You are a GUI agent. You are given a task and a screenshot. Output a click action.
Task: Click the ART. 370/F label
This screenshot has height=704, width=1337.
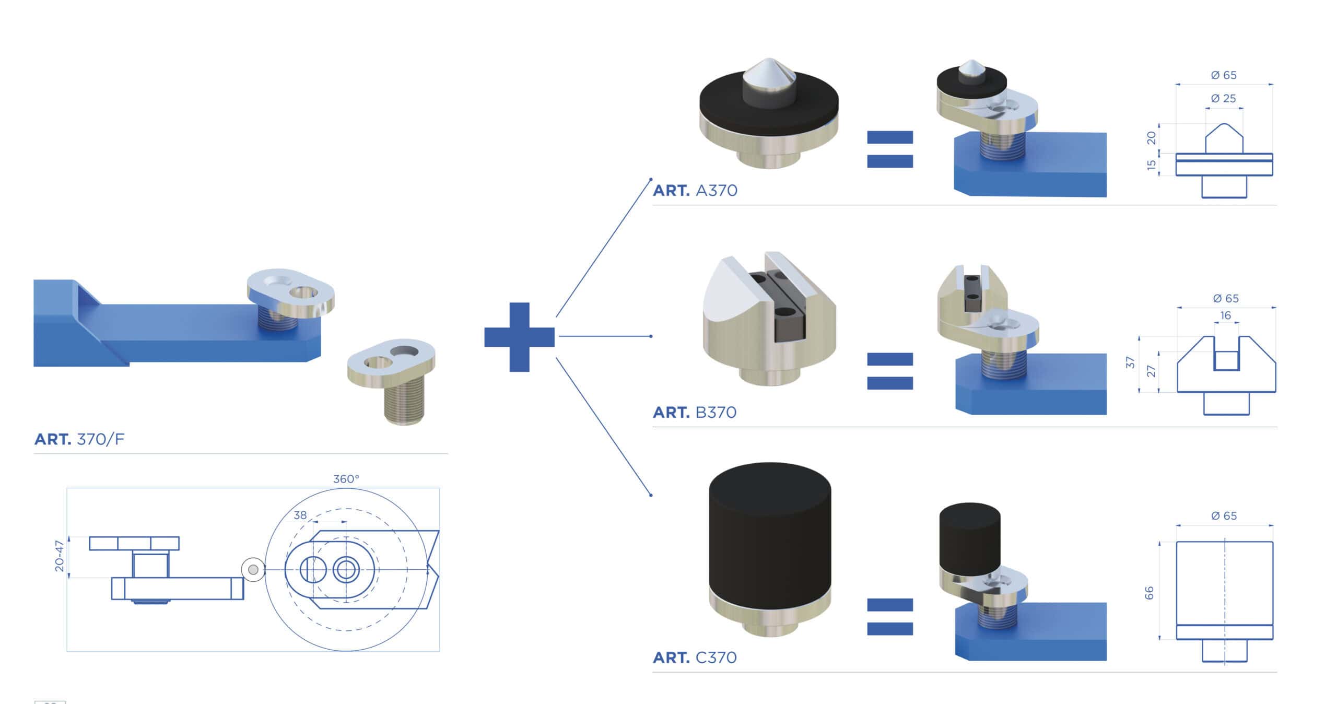(x=79, y=439)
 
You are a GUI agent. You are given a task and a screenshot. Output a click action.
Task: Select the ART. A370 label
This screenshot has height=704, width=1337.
(x=695, y=191)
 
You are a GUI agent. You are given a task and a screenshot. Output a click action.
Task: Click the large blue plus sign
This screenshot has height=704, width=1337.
(x=519, y=337)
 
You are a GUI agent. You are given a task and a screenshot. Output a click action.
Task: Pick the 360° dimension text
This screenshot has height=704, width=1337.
(x=346, y=479)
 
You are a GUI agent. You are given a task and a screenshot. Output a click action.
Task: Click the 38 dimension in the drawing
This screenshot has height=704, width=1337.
(x=300, y=515)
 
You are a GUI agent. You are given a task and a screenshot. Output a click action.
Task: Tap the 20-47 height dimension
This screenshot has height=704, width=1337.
(x=60, y=556)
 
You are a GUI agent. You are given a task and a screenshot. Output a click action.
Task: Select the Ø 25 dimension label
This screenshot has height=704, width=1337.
(x=1223, y=98)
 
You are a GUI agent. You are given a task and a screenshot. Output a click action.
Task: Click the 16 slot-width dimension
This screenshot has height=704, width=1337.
(x=1225, y=315)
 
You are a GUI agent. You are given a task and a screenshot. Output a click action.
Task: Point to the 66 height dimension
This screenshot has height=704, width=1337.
(x=1149, y=593)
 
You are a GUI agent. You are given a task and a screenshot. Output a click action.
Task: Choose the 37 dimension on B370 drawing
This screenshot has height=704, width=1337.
(x=1131, y=362)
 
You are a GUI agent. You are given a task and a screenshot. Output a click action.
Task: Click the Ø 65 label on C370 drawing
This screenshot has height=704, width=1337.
(x=1224, y=516)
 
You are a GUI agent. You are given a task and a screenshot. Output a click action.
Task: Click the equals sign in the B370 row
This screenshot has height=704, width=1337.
(x=890, y=371)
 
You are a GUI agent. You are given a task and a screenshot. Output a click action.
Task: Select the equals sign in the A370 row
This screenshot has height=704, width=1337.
(x=890, y=149)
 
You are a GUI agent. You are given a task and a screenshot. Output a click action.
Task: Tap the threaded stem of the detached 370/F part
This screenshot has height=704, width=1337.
(x=404, y=402)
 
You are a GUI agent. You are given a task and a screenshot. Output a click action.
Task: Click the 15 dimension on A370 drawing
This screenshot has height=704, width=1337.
(x=1151, y=165)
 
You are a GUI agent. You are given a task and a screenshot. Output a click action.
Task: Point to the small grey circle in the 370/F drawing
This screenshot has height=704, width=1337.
(x=253, y=570)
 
